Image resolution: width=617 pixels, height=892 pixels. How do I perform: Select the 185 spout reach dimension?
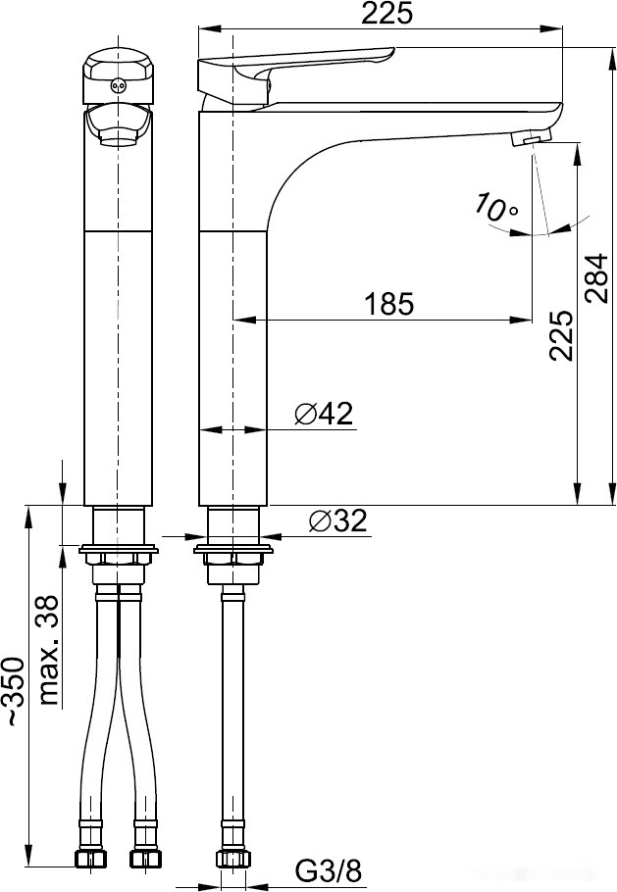389,304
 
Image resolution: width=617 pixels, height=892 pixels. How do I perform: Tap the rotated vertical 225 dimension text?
560,336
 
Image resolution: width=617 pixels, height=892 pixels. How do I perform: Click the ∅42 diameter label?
323,415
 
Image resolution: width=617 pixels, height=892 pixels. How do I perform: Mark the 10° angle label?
496,208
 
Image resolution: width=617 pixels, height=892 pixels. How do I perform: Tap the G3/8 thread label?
329,869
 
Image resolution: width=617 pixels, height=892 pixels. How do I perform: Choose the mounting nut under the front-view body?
118,560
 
